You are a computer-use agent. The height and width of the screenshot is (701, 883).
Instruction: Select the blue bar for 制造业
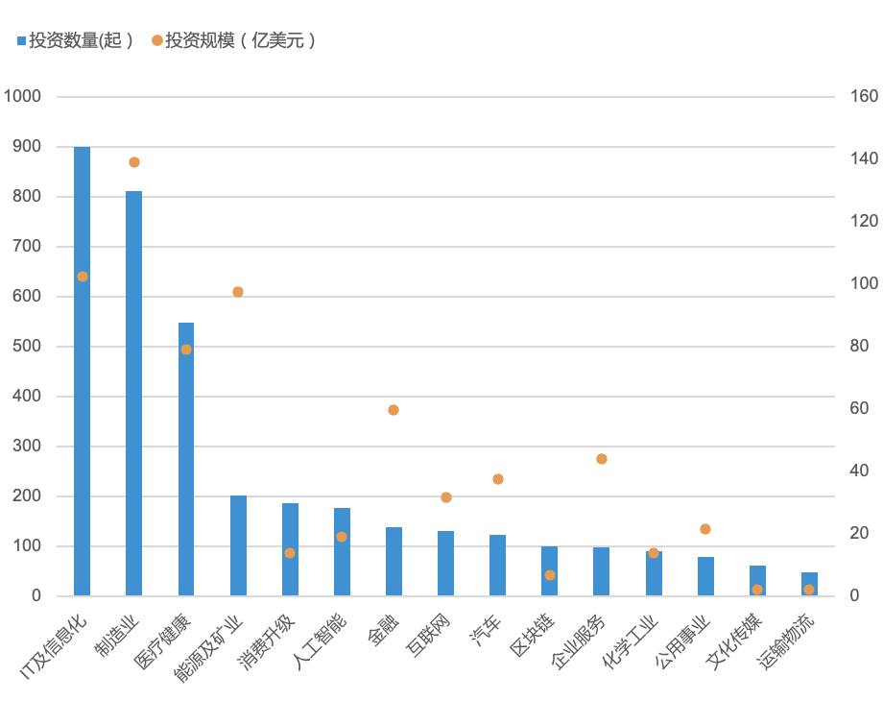133,394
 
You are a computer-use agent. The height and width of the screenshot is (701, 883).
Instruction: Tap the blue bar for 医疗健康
186,461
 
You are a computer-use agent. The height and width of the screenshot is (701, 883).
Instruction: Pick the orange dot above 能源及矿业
238,292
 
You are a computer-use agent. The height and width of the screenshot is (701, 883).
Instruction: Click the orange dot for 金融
394,410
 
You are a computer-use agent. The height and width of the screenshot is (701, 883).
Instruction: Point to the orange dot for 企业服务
602,459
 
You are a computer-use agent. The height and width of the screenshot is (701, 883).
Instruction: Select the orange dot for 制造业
134,162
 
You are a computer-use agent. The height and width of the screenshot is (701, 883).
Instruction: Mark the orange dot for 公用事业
705,529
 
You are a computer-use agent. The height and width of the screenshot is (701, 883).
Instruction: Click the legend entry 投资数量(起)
75,40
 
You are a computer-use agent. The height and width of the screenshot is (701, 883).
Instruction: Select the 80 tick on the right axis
861,346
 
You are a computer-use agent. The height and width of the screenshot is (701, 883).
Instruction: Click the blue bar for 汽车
497,566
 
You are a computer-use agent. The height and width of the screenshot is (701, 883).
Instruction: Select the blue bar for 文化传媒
757,581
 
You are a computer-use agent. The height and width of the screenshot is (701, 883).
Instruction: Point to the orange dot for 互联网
446,497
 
